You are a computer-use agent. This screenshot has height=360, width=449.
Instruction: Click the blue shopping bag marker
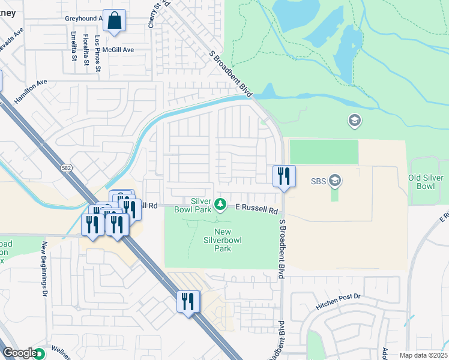(114, 20)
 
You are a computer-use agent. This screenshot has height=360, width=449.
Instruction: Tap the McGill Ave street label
(118, 50)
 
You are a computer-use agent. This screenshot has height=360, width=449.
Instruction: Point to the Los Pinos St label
(98, 53)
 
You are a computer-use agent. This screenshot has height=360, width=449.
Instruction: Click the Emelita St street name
(73, 46)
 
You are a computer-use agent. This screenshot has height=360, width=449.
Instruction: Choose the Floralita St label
(86, 49)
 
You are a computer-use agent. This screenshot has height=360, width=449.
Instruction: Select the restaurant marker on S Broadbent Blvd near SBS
(284, 176)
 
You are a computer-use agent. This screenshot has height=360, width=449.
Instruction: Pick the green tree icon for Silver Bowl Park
(220, 205)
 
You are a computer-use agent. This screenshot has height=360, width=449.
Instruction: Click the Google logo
(19, 353)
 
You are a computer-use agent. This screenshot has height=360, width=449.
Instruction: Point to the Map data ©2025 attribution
(423, 355)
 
